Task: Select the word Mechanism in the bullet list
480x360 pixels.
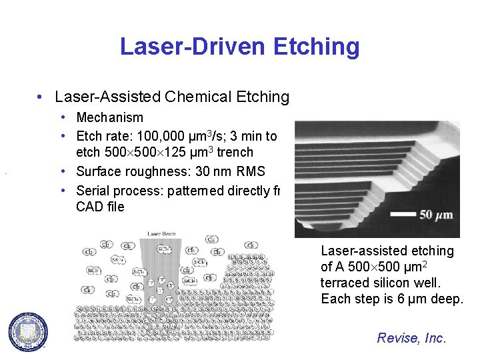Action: click(109, 117)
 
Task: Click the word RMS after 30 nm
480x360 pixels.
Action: click(250, 171)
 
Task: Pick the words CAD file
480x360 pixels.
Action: click(100, 207)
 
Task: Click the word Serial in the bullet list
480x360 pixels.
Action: click(93, 190)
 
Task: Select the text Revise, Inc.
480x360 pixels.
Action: click(411, 338)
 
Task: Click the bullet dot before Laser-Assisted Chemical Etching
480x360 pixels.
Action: click(42, 97)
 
